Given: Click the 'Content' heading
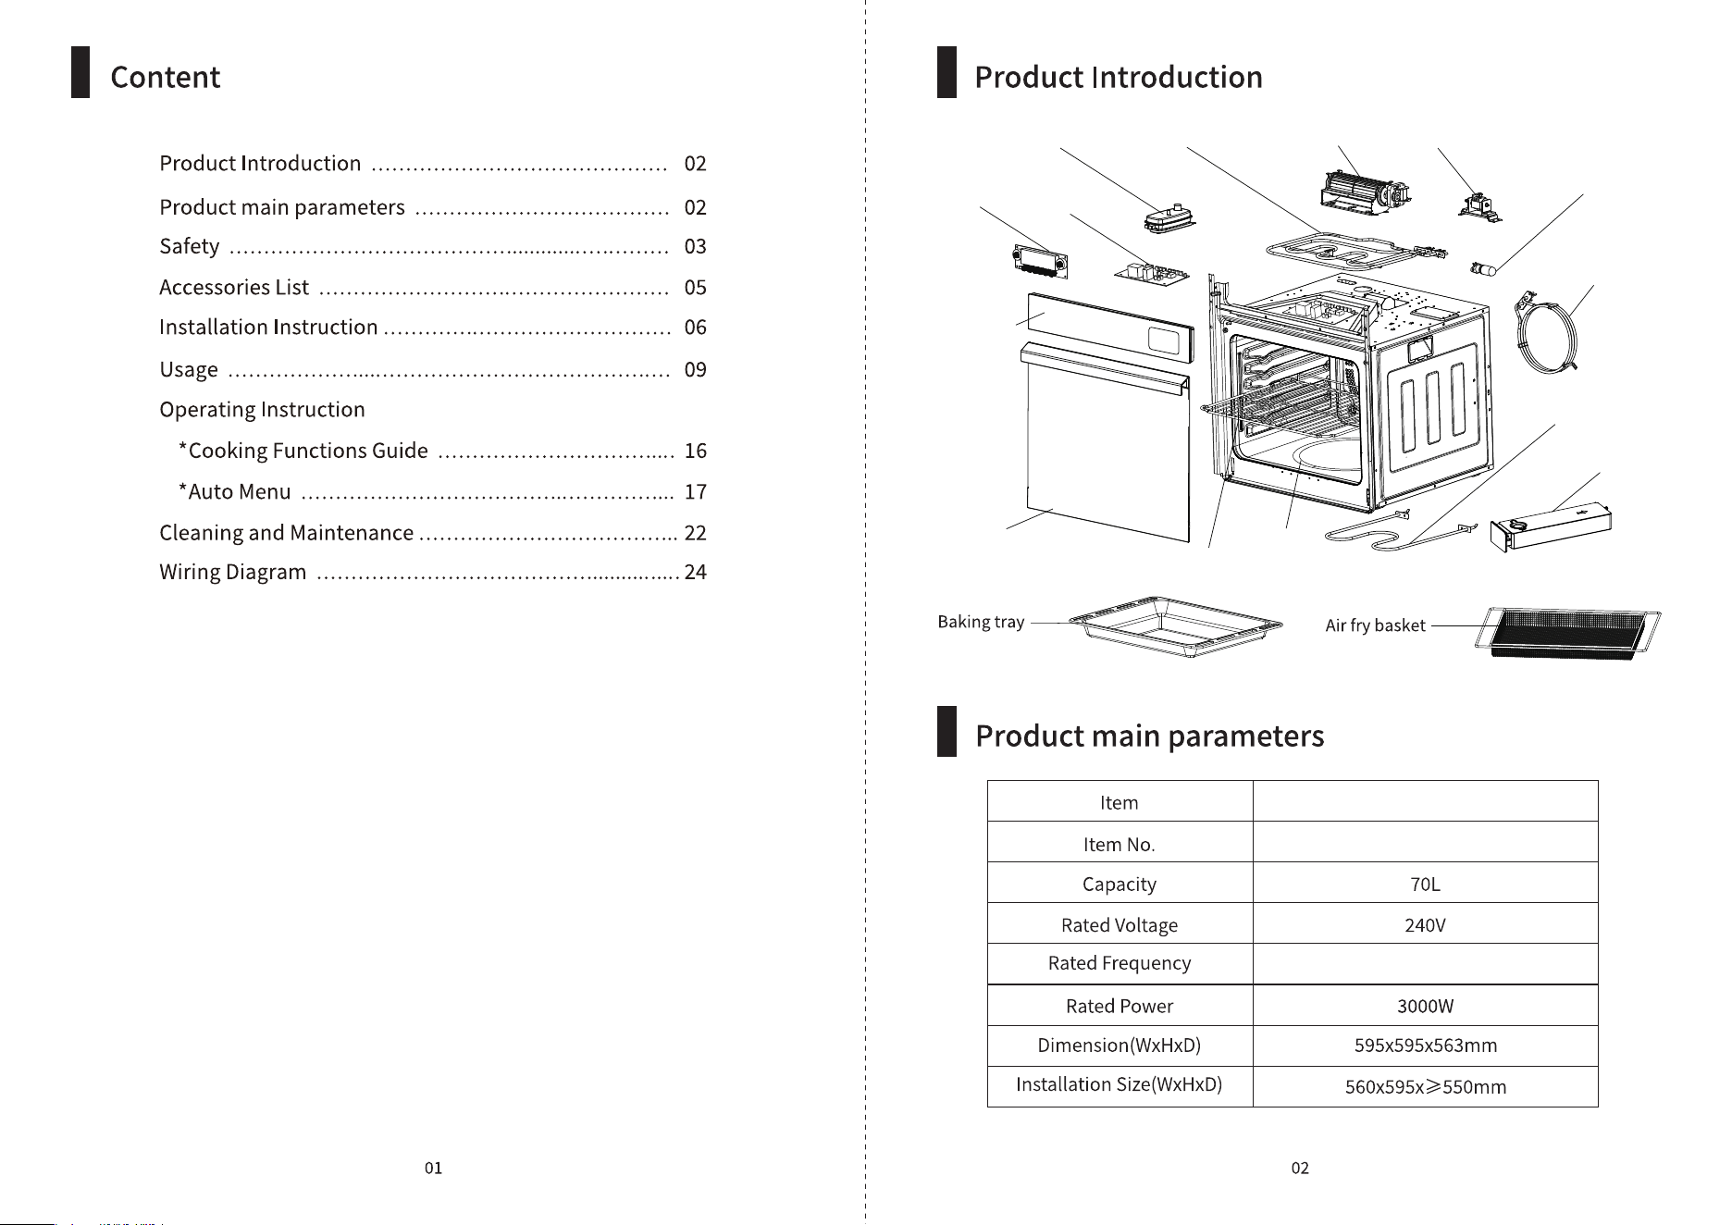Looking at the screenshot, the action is tap(165, 77).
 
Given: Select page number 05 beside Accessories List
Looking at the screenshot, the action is tap(695, 288).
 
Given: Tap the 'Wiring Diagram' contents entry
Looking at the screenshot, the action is tap(232, 573).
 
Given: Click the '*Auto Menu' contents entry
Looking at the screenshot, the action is tap(235, 491).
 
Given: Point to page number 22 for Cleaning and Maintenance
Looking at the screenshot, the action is tap(695, 533).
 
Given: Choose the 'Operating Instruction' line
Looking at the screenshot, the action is tap(262, 410).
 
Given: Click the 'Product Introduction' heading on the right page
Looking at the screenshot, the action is tap(1119, 77).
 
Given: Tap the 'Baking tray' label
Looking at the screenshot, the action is tap(981, 622).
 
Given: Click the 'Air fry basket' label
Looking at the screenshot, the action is tap(1375, 625).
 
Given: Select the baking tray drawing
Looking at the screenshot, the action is tap(1175, 626).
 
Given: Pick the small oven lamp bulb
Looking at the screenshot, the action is tap(1484, 268).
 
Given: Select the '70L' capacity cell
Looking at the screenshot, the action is tap(1425, 885).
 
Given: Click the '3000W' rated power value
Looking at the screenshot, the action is tap(1425, 1007).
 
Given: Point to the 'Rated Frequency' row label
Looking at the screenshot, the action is tap(1120, 964).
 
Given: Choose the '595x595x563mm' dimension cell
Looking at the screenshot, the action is tap(1425, 1046).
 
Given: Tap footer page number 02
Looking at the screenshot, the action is tap(1300, 1169).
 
